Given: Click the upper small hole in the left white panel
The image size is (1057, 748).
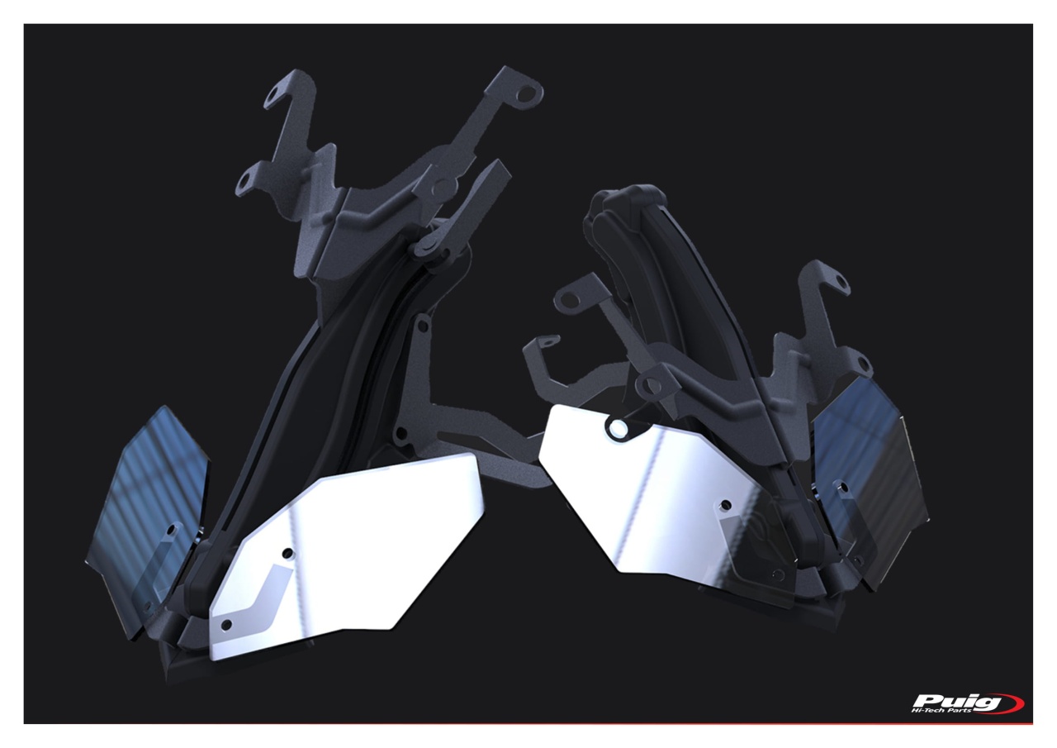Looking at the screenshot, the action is pos(286,552).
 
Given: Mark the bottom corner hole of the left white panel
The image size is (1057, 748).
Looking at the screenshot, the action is pos(226,625).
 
